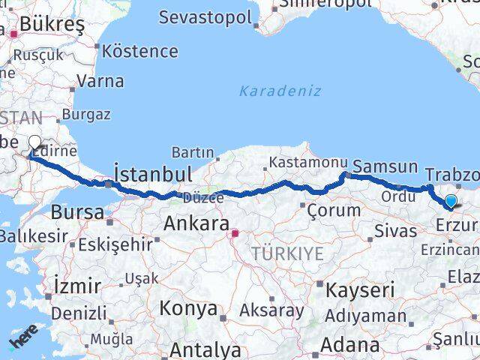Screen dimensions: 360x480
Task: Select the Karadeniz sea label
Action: tap(280, 91)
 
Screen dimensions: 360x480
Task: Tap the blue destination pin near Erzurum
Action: tap(450, 201)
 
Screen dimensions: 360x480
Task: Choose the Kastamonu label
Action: tap(308, 162)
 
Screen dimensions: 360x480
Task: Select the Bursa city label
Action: tap(77, 212)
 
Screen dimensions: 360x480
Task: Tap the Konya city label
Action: tap(189, 308)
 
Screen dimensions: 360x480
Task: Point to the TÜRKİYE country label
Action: tap(288, 253)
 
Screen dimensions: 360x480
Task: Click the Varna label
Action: tap(100, 81)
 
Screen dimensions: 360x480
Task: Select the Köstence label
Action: tap(139, 52)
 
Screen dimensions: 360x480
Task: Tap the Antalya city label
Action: tap(205, 349)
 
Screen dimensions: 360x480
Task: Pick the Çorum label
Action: tap(334, 210)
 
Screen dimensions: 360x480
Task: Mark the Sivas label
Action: tap(395, 229)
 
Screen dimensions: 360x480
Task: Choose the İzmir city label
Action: tap(77, 286)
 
